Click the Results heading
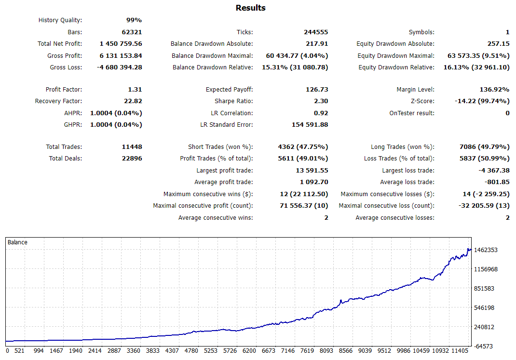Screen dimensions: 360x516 coord(250,8)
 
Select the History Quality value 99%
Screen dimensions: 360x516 coord(134,20)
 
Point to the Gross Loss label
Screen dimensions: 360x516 coord(66,67)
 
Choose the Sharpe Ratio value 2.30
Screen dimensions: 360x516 coord(321,101)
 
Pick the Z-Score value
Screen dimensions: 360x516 coord(482,101)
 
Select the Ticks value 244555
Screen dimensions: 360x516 coord(316,32)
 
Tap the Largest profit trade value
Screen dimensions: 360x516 coord(312,171)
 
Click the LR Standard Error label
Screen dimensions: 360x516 coord(226,125)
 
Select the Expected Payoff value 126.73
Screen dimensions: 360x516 coord(316,90)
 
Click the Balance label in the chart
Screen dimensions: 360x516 coord(17,242)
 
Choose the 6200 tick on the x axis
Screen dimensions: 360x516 coord(250,351)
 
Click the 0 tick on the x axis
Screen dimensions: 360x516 coord(7,351)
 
